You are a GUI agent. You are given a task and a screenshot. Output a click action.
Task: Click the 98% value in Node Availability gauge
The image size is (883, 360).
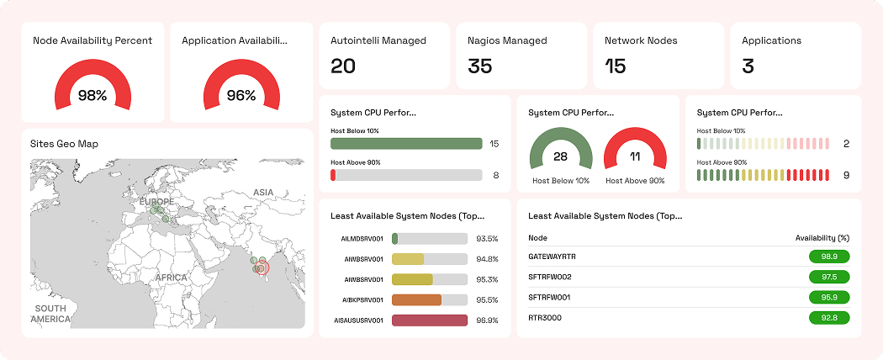93,96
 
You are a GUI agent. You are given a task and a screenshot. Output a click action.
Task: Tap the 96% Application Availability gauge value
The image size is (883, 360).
241,96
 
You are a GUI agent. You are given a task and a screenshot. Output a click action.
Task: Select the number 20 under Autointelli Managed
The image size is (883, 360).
343,66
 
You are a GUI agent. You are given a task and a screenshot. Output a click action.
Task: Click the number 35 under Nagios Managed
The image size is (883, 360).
479,66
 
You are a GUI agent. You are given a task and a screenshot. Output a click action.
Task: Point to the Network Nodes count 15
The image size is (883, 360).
616,66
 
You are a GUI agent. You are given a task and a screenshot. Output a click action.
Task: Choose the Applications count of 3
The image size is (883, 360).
748,66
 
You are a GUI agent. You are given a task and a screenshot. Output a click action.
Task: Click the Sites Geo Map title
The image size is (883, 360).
64,144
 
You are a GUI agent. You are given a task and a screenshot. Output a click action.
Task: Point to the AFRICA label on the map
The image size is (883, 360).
171,277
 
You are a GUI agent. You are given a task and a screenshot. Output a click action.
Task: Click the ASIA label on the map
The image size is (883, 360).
263,193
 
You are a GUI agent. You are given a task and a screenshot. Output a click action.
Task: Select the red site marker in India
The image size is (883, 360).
261,268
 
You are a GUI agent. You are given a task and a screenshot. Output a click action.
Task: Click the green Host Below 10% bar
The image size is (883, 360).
406,144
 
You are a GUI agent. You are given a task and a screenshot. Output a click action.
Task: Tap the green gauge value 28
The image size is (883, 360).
560,157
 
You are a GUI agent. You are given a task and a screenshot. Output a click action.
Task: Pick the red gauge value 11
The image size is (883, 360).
635,157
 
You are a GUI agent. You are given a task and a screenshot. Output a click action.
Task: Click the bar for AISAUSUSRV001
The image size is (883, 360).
429,320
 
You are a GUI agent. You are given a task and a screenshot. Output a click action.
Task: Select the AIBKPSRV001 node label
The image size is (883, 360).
362,300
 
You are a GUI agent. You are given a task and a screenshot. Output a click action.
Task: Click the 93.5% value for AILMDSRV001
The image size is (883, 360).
487,239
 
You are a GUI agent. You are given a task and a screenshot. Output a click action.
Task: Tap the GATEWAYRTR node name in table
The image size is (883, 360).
552,256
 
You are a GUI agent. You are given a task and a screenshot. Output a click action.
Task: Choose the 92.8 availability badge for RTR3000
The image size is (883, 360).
828,318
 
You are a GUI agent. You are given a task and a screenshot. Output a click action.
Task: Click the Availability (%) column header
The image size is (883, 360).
822,238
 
